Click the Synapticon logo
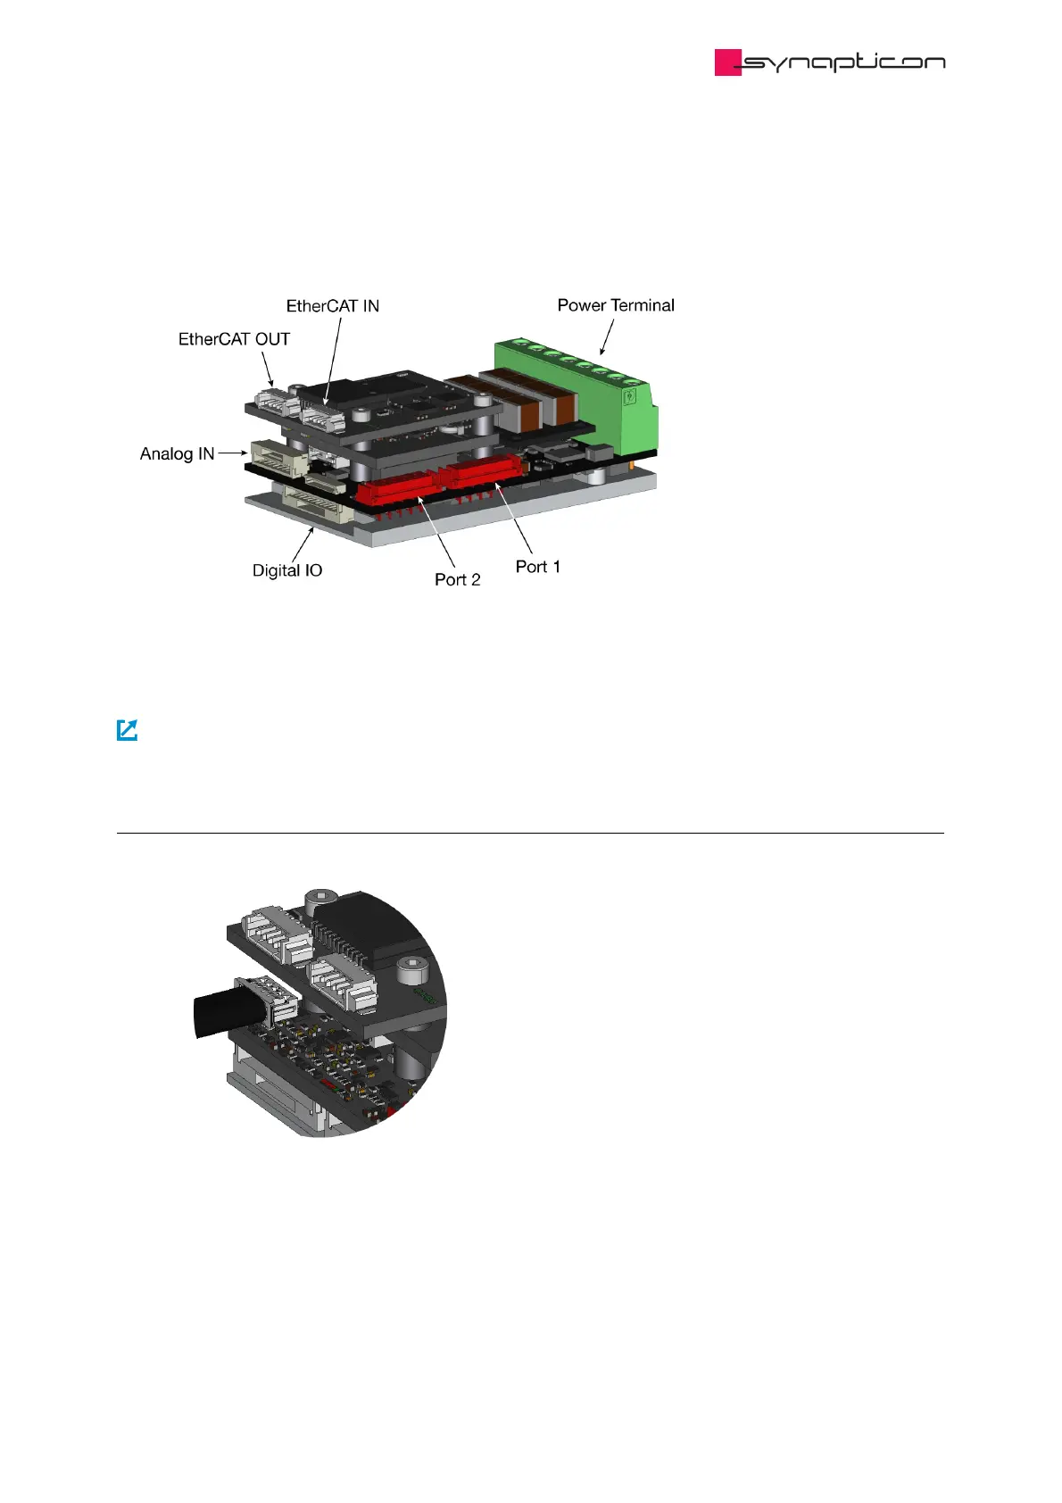[x=830, y=62]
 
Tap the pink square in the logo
[x=727, y=62]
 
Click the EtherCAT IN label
[x=333, y=306]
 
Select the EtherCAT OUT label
[x=234, y=339]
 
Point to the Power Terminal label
[x=616, y=305]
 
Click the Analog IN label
[x=177, y=453]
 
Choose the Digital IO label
[x=287, y=570]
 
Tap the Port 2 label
[x=458, y=579]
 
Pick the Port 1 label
[x=538, y=567]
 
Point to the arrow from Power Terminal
[x=607, y=338]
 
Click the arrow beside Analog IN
[x=232, y=453]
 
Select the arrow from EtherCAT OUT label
[x=267, y=368]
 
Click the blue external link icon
[x=128, y=730]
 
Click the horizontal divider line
[x=530, y=833]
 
